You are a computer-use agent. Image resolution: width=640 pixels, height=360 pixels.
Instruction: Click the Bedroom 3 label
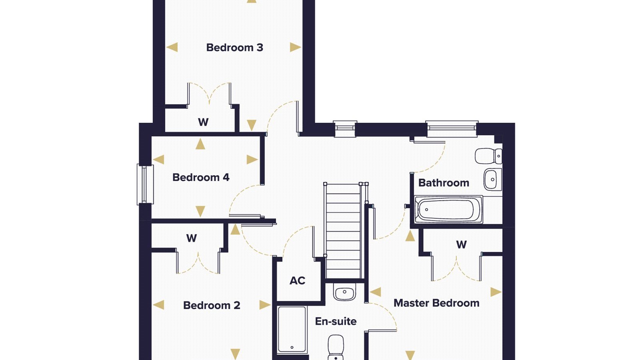coord(234,48)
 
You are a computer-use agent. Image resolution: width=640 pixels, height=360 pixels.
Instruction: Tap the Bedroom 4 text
coord(201,178)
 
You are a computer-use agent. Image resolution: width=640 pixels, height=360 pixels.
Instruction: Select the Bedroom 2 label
coord(212,306)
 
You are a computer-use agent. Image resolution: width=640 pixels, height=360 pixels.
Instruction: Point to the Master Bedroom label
coord(436,303)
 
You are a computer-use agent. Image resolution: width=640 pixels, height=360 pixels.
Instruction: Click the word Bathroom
coord(444,183)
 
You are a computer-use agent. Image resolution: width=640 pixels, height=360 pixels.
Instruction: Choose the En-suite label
coord(336,322)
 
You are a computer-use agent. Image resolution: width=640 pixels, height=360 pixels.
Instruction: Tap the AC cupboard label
coord(298,280)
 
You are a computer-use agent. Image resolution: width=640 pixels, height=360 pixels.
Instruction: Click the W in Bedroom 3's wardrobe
coord(203,122)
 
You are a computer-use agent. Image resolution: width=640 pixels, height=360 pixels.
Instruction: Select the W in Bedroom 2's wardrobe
coord(192,238)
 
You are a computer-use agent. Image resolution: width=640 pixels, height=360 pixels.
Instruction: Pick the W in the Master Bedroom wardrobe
coord(462,244)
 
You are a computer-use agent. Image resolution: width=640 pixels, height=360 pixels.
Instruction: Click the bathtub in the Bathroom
coord(448,210)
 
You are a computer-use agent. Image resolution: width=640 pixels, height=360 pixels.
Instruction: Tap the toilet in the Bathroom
coord(488,156)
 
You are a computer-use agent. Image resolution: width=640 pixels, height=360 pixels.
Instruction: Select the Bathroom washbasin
coord(493,180)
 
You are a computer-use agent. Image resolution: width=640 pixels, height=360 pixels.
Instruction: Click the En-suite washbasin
coord(344,292)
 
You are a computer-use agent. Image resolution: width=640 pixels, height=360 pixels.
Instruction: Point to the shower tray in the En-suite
coord(292,330)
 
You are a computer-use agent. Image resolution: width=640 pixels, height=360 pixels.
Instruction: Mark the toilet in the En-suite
coord(336,348)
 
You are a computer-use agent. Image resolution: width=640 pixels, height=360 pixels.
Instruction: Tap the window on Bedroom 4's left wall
coord(146,184)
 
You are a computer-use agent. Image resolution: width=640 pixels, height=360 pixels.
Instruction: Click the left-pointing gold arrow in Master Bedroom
coord(376,292)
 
